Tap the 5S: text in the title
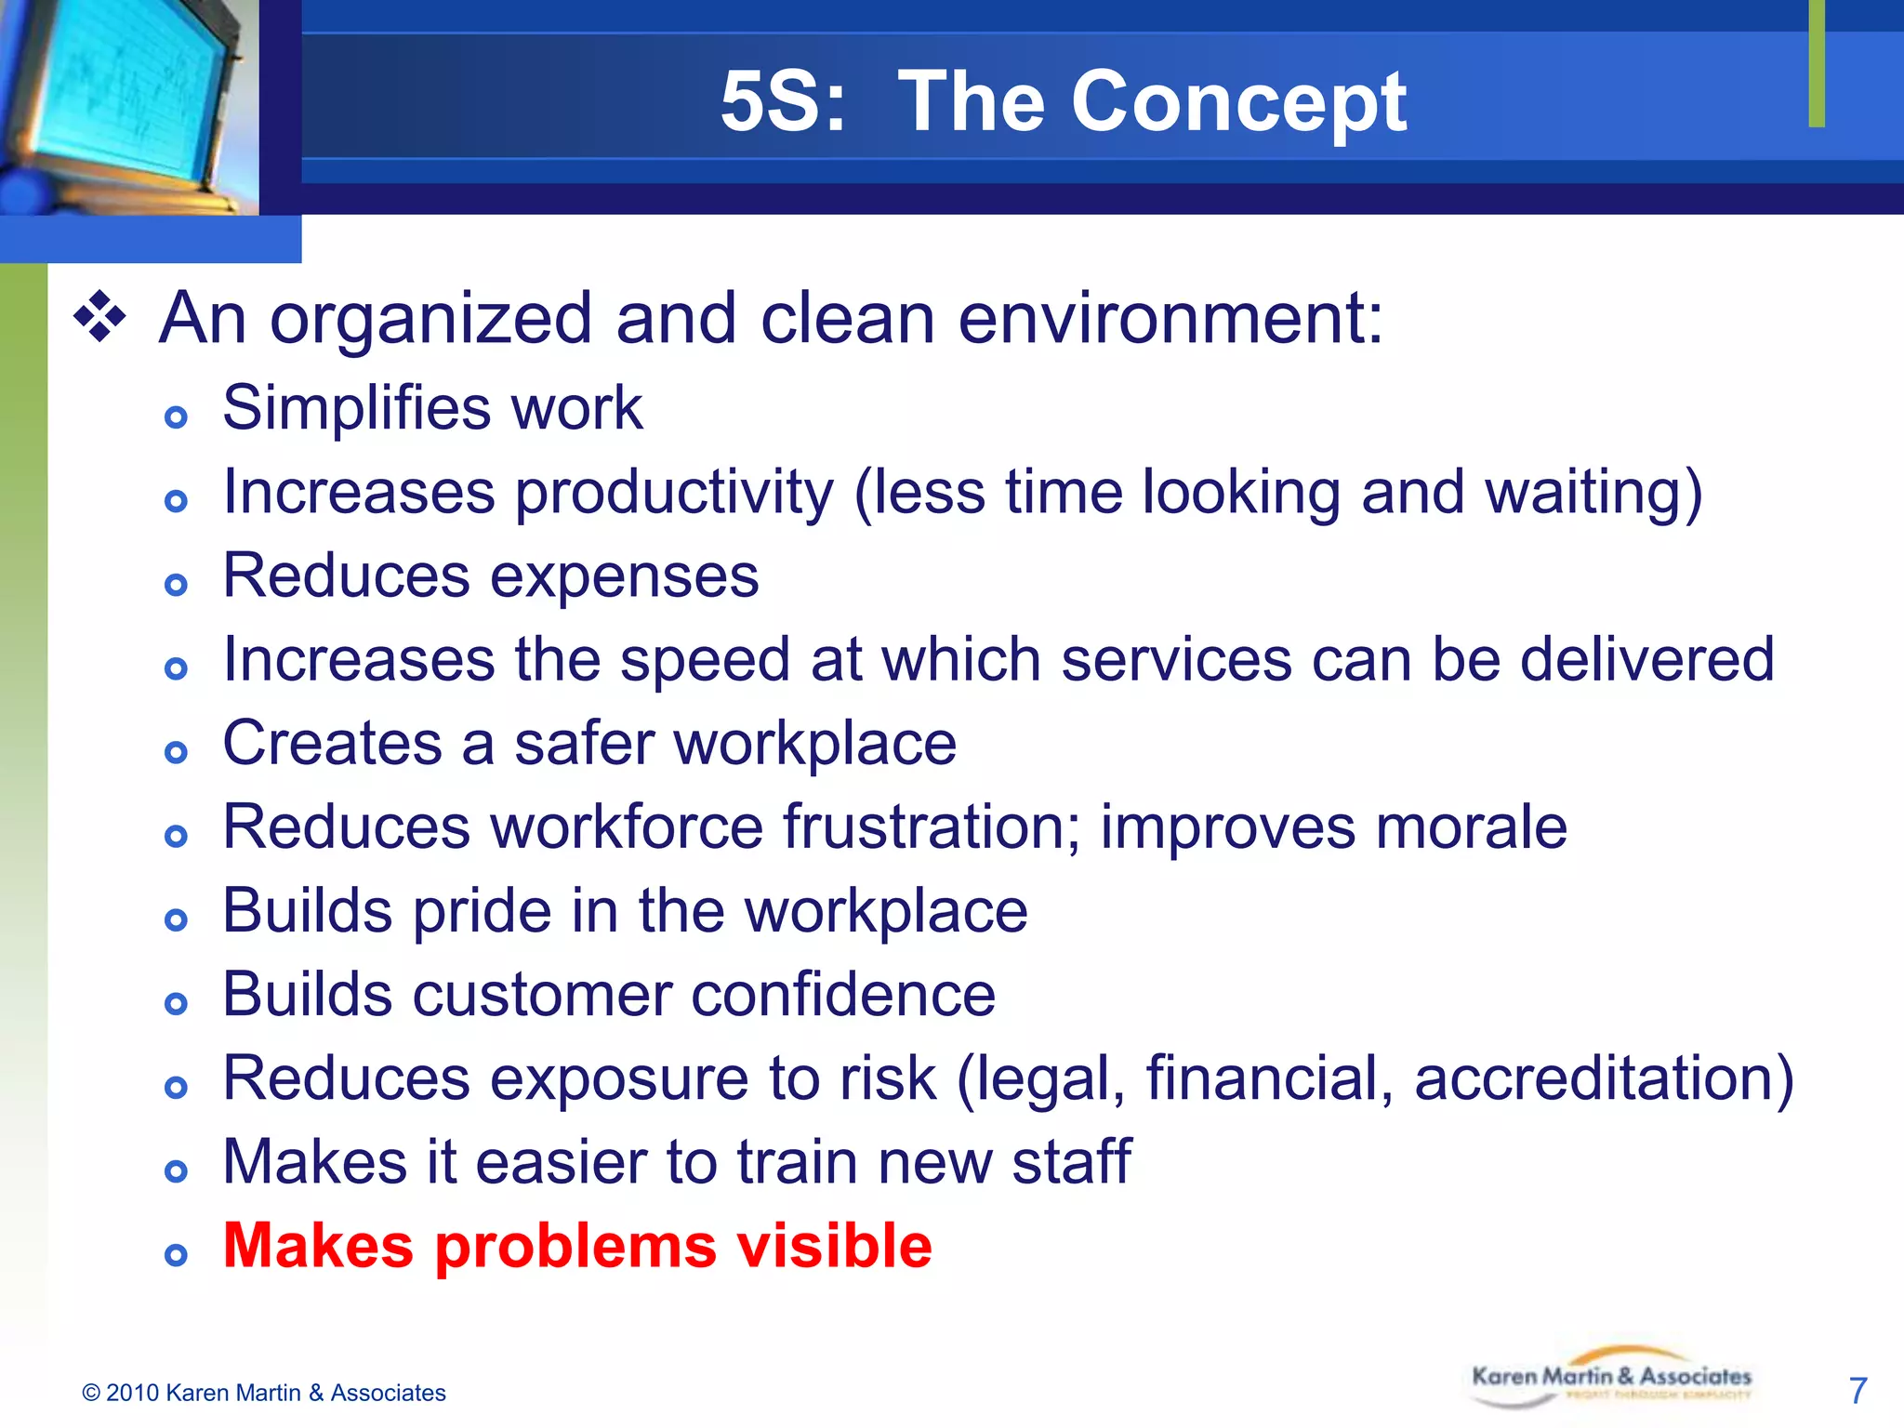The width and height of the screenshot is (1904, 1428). [784, 102]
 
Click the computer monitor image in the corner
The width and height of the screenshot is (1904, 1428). [126, 102]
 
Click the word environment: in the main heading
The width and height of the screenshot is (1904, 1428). [1170, 319]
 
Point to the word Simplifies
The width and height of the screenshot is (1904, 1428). [357, 409]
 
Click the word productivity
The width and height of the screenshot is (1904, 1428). [674, 493]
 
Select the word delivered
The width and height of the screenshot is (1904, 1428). [1647, 660]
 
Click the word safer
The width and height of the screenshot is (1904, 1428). [584, 744]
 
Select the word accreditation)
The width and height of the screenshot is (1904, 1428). [1604, 1078]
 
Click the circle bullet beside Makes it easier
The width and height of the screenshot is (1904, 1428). [176, 1171]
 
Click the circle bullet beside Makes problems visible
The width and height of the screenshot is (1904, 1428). [176, 1256]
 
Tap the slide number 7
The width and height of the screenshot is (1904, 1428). [1858, 1391]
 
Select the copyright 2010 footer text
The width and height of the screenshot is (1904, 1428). [264, 1393]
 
